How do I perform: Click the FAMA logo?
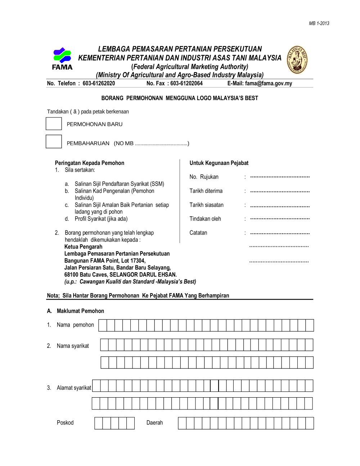[x=62, y=58]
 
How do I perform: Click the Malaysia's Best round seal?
[x=297, y=59]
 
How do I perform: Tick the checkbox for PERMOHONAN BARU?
[x=54, y=124]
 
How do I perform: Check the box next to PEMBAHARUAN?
[x=54, y=142]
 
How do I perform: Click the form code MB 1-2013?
[x=319, y=23]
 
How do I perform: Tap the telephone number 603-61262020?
[x=99, y=84]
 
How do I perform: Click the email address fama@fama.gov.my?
[x=269, y=84]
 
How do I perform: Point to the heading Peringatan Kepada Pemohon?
[x=89, y=163]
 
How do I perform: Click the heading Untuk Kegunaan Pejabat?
[x=219, y=163]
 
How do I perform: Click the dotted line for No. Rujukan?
[x=280, y=177]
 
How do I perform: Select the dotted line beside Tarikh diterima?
[x=280, y=192]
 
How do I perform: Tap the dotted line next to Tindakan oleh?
[x=280, y=219]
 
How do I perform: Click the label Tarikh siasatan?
[x=206, y=205]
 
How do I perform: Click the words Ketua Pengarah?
[x=83, y=247]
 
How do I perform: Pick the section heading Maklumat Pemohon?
[x=80, y=311]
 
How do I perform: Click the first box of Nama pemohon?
[x=103, y=325]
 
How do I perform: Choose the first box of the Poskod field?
[x=99, y=423]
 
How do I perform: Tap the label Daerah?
[x=154, y=423]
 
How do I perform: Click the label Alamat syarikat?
[x=74, y=388]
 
